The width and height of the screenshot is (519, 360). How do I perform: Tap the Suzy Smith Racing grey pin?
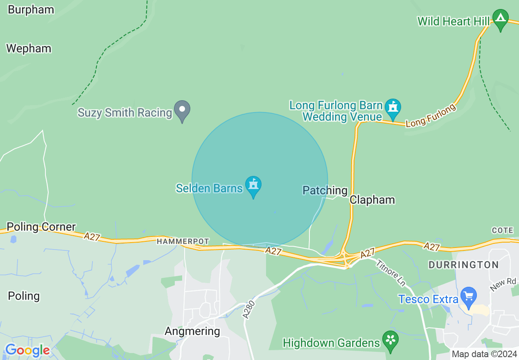coord(182,110)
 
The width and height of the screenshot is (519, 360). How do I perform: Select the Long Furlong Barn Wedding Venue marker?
coord(393,108)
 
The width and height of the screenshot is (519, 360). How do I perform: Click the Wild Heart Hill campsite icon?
coord(500,19)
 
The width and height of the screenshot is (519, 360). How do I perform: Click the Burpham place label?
coord(31,10)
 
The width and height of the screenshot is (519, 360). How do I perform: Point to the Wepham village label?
coord(29,49)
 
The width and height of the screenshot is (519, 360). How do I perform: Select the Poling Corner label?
coord(41,227)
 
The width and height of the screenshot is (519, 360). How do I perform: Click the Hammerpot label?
coord(183,242)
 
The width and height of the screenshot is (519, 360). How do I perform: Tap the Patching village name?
coord(325,190)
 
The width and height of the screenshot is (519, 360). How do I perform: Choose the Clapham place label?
coord(372,200)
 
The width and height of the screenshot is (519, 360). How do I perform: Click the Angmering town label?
coord(192,331)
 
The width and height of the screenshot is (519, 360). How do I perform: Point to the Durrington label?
coord(463,265)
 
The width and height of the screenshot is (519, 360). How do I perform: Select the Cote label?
coord(503,231)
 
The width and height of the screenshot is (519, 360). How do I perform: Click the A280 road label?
coord(249,310)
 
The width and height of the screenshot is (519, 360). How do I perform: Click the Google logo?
coord(27,351)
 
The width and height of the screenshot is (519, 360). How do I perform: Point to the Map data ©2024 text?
coord(484,354)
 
